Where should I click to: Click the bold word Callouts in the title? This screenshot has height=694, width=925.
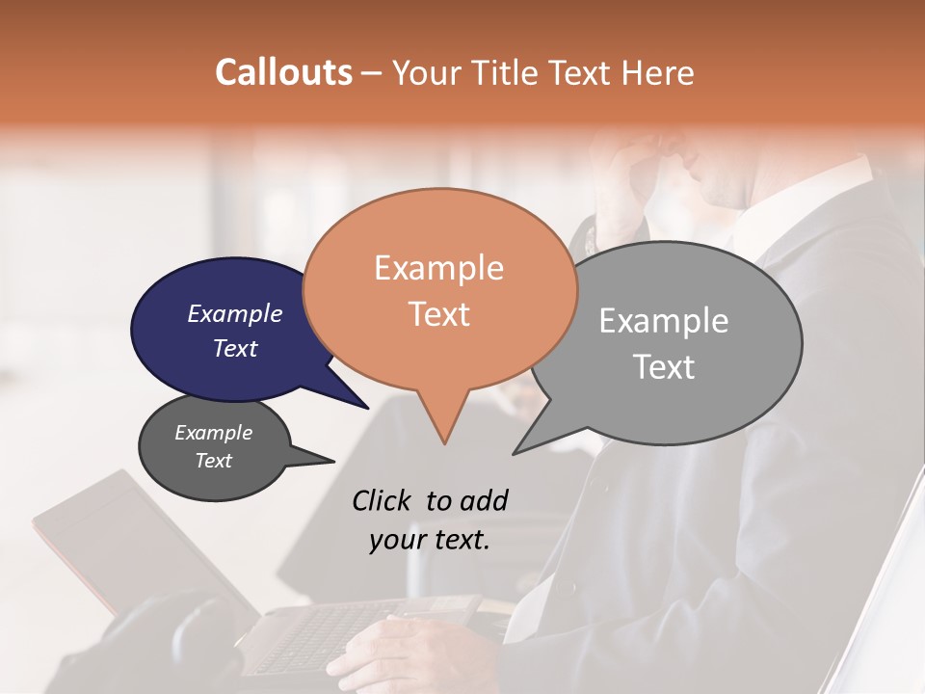(283, 72)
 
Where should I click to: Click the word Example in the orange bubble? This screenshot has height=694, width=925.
(438, 267)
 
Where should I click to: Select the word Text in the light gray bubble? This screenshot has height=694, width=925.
(665, 367)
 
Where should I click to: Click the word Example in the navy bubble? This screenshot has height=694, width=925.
(235, 313)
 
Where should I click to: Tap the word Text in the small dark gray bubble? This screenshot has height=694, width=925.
(214, 461)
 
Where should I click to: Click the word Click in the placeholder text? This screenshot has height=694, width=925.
(383, 500)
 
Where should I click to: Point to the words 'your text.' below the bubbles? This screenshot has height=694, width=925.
(430, 540)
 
